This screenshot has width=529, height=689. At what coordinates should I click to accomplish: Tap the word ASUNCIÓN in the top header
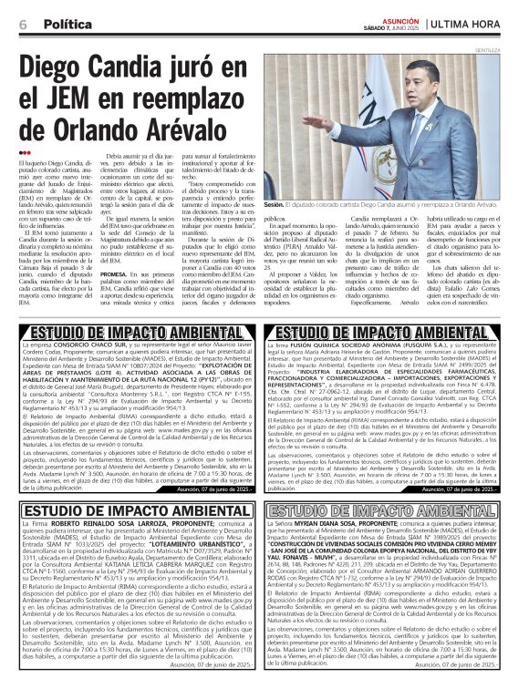click(x=400, y=18)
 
